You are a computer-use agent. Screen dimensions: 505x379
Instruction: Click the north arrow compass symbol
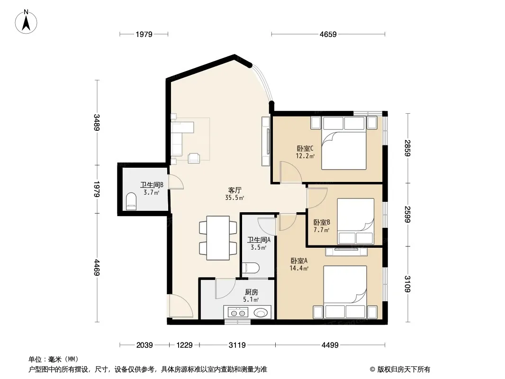26,22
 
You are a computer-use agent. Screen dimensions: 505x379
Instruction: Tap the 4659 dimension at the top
328,34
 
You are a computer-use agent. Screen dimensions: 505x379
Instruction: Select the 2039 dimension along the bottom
144,345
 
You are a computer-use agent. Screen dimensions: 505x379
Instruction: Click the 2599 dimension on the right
407,215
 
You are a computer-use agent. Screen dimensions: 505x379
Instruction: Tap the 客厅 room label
235,190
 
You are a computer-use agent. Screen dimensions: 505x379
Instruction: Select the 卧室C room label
305,149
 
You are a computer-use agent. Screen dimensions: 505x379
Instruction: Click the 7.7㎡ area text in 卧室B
321,230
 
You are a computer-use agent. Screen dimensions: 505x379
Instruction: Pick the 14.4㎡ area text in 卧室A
299,268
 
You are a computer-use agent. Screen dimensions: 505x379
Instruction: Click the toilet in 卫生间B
131,201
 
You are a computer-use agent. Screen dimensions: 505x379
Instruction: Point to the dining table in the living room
218,238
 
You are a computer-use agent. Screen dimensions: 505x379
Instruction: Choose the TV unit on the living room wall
265,141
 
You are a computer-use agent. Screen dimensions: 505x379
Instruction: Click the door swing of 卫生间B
176,181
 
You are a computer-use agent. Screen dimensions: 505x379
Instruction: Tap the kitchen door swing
226,289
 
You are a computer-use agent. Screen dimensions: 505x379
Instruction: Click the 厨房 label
251,292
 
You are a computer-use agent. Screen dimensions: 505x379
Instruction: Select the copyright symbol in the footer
372,370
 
